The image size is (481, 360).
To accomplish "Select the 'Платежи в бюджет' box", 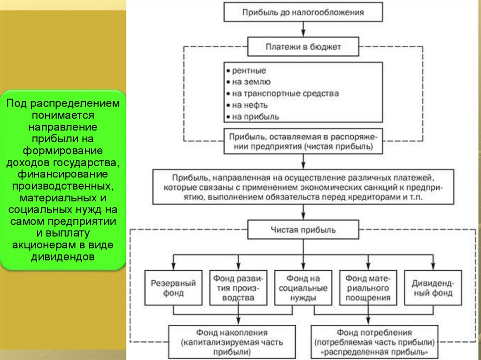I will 303,47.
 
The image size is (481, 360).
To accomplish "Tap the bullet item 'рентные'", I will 249,71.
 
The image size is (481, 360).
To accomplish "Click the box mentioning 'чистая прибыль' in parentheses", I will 303,141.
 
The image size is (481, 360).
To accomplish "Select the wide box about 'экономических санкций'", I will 303,187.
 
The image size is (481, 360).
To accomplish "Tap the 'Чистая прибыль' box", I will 303,230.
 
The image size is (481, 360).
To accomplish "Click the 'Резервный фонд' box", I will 173,288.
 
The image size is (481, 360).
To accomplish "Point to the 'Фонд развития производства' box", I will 238,288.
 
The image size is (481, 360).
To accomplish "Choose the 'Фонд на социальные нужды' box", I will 303,288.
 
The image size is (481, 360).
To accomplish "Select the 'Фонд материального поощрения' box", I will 368,288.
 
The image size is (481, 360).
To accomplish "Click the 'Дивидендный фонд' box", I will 432,288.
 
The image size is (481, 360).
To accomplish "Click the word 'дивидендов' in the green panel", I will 63,257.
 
